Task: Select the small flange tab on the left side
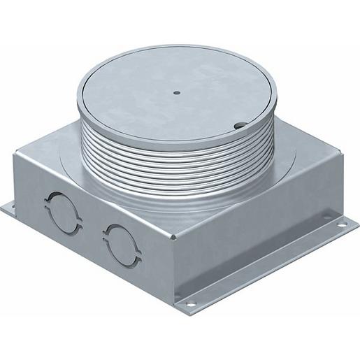tap(10, 207)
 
